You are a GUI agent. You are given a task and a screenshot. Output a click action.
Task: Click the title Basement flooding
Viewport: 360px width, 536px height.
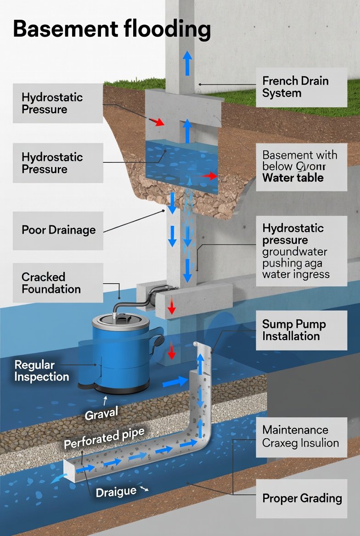click(112, 29)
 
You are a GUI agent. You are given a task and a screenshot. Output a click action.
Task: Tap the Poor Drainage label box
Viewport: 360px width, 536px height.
click(58, 230)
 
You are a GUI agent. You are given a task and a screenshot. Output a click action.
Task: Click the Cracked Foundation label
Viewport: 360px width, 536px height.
click(51, 283)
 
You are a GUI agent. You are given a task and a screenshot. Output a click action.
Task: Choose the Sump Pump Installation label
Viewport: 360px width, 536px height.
click(294, 330)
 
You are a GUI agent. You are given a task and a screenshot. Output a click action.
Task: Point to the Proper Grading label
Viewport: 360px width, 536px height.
click(302, 498)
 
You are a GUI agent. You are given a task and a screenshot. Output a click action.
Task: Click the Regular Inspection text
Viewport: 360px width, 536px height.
click(41, 371)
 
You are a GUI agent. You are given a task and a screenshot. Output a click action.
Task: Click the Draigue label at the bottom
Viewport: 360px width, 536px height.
click(116, 492)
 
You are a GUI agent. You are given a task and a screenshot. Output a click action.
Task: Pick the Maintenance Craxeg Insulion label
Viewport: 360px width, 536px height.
click(301, 436)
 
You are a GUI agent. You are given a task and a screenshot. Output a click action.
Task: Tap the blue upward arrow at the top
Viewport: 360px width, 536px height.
click(187, 63)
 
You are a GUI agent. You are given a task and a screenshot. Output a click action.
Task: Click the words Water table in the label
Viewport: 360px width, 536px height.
click(292, 178)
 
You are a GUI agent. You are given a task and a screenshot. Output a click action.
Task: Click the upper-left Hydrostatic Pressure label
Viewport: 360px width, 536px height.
click(52, 103)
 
